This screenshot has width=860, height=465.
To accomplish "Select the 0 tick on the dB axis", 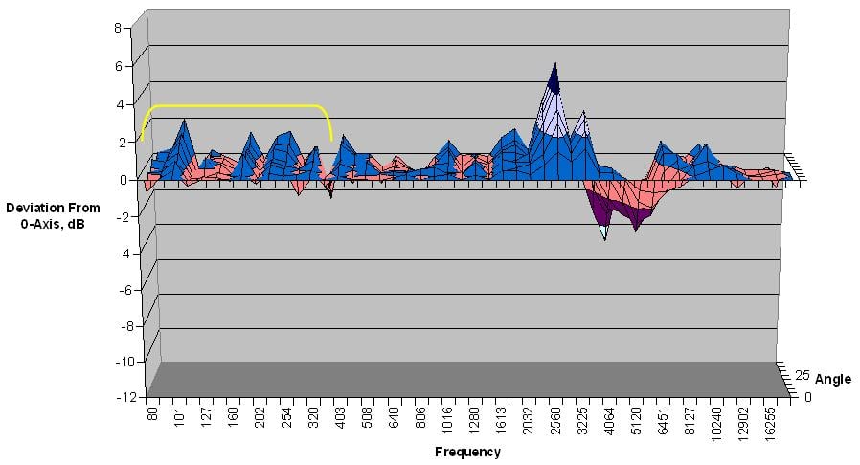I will point(123,179).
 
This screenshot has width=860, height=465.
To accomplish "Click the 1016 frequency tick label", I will point(446,421).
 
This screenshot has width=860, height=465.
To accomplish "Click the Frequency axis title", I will point(467,452).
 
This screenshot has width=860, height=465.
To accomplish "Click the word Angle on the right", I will point(832,380).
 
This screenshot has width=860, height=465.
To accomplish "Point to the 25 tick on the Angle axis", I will point(803,375).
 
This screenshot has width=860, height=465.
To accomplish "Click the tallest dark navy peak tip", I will point(554,65).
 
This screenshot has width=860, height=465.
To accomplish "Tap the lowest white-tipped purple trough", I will point(604,234).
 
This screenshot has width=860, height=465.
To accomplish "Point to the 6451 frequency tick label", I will point(661,421).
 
